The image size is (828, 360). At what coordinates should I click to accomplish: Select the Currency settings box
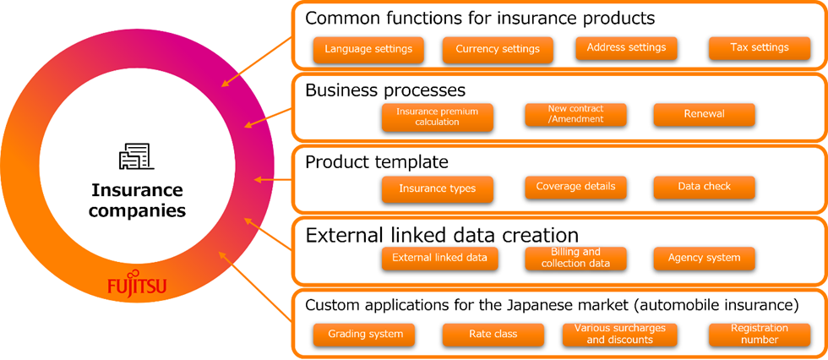pyautogui.click(x=497, y=49)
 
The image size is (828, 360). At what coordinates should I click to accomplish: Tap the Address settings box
pyautogui.click(x=626, y=48)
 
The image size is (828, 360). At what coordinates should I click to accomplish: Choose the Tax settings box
pyautogui.click(x=759, y=48)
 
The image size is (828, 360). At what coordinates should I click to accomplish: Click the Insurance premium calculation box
pyautogui.click(x=437, y=117)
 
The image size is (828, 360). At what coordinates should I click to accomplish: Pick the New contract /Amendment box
pyautogui.click(x=575, y=115)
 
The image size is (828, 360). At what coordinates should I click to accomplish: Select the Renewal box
pyautogui.click(x=704, y=114)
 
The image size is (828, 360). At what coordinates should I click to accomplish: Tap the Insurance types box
pyautogui.click(x=437, y=188)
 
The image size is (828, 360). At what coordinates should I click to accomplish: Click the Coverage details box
pyautogui.click(x=575, y=187)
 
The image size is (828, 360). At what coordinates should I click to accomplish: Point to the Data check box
pyautogui.click(x=704, y=187)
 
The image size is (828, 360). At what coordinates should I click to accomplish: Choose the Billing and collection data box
pyautogui.click(x=575, y=258)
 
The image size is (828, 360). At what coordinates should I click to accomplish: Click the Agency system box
pyautogui.click(x=704, y=258)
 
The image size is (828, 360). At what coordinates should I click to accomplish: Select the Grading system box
pyautogui.click(x=365, y=335)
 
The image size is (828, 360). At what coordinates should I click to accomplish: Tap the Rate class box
pyautogui.click(x=493, y=335)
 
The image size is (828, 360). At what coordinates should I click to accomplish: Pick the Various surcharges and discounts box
pyautogui.click(x=619, y=335)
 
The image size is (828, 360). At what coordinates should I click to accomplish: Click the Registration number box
pyautogui.click(x=759, y=334)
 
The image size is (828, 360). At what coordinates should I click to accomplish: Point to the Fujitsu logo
pyautogui.click(x=137, y=287)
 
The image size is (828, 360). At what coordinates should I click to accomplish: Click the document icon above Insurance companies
pyautogui.click(x=136, y=156)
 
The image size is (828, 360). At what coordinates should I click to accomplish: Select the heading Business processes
pyautogui.click(x=385, y=90)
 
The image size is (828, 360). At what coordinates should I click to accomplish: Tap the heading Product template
pyautogui.click(x=376, y=161)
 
